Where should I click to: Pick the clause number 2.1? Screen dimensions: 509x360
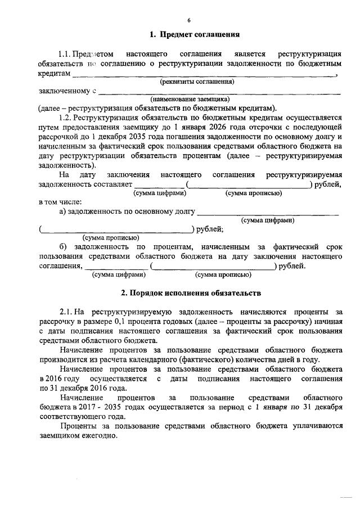[x=66, y=311]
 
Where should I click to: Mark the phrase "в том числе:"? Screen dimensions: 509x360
[x=60, y=202]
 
